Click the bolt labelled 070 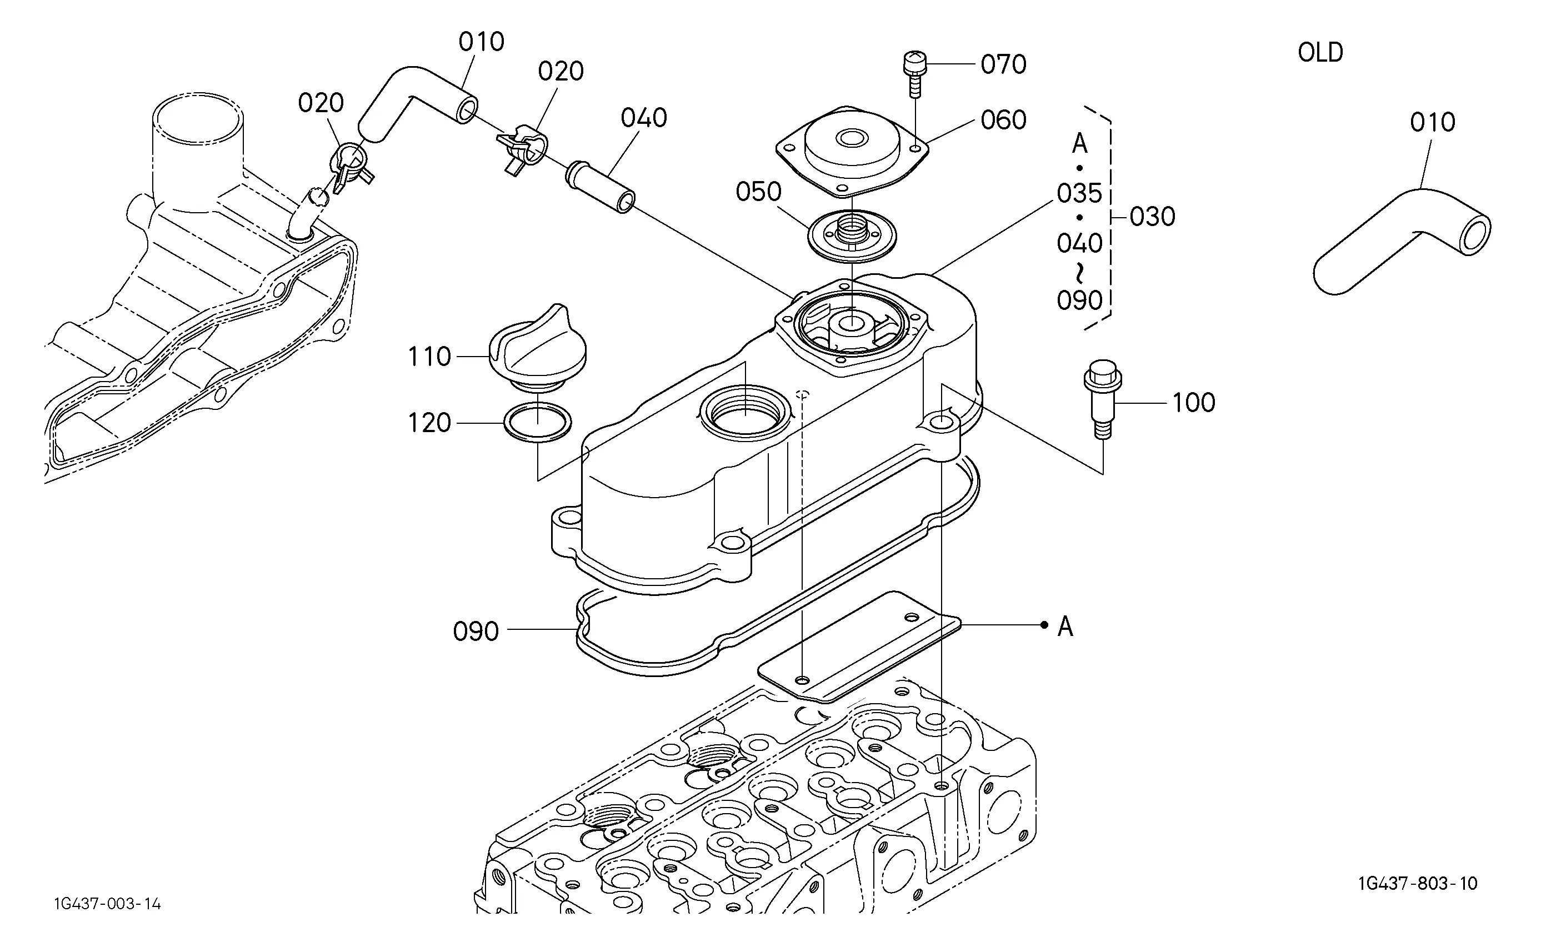click(x=914, y=74)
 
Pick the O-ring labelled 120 click(x=538, y=423)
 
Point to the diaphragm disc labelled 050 click(x=852, y=235)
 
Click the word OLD click(x=1320, y=52)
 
